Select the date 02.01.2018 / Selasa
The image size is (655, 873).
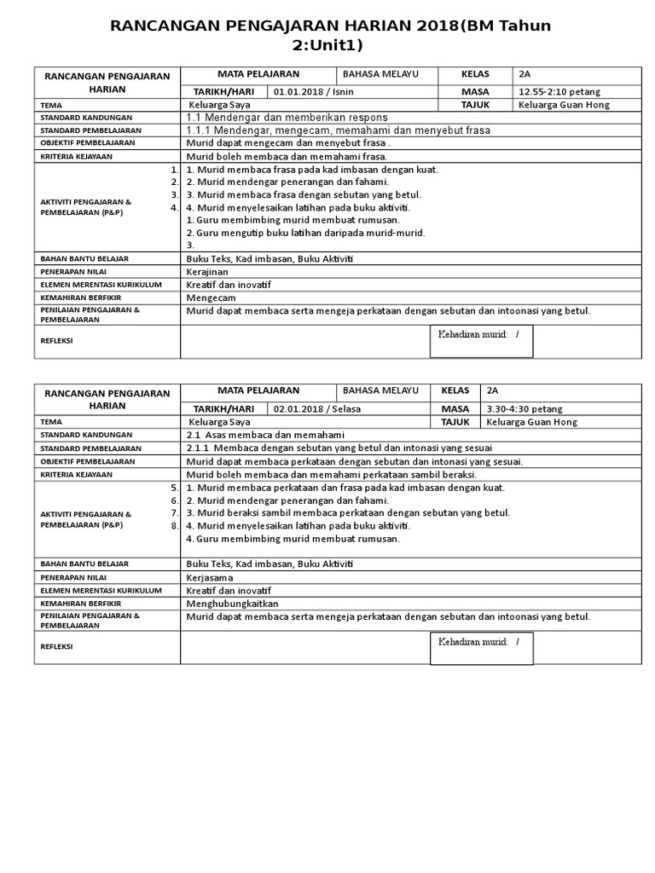317,408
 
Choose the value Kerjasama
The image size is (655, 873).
210,577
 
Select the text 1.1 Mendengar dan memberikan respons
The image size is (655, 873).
287,117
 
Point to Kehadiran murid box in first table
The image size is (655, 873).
481,340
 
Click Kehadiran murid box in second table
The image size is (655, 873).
481,647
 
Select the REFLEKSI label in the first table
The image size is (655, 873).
57,339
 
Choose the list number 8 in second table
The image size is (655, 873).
174,525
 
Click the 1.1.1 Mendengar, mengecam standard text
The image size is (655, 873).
338,130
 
